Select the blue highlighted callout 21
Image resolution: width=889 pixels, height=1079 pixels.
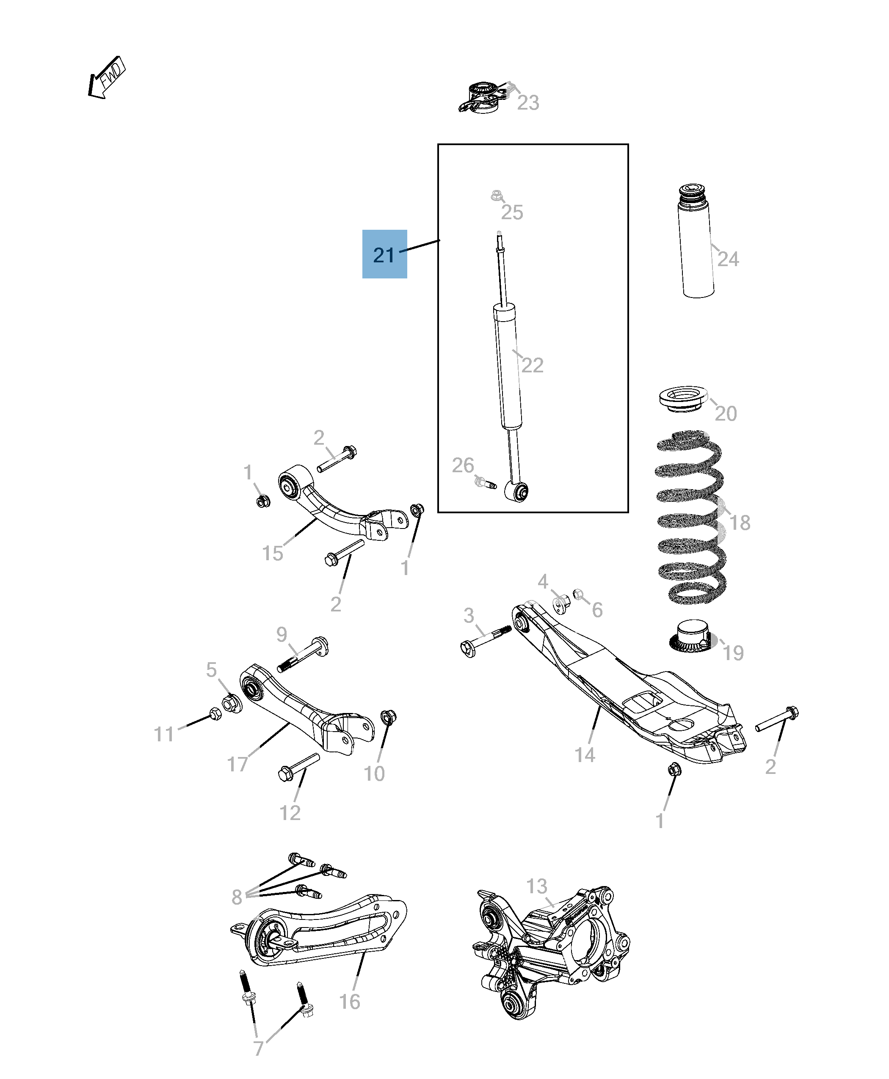pos(384,254)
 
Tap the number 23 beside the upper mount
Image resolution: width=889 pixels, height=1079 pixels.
pos(528,103)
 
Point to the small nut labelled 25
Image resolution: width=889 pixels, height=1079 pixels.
pos(496,195)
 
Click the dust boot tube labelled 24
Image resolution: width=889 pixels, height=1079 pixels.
pos(696,246)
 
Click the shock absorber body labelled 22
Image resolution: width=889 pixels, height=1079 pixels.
pos(508,366)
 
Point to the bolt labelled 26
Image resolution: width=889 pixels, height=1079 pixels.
pos(485,482)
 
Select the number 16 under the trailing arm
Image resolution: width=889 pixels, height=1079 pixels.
pos(350,1001)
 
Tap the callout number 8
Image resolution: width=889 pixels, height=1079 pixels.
pos(237,897)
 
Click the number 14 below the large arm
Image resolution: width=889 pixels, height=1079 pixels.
pos(584,755)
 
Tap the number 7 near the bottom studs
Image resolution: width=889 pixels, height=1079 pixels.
pos(259,1048)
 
